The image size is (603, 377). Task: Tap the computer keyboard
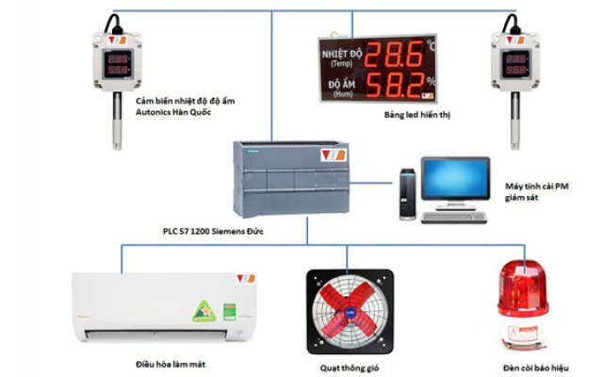453,216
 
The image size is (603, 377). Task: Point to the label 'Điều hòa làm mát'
171,364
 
